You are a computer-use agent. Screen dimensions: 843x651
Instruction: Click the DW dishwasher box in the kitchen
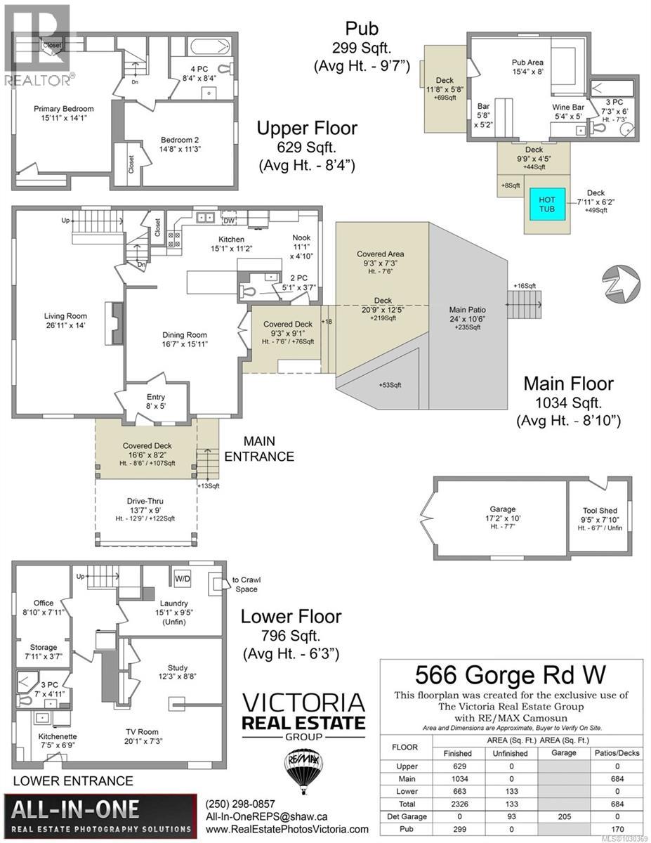[229, 221]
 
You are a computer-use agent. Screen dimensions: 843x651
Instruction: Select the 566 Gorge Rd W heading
[510, 675]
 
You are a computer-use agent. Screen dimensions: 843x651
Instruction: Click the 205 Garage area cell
[564, 817]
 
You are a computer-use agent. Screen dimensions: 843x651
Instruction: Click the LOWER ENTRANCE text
[73, 780]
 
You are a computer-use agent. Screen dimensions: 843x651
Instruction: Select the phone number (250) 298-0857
[240, 804]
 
